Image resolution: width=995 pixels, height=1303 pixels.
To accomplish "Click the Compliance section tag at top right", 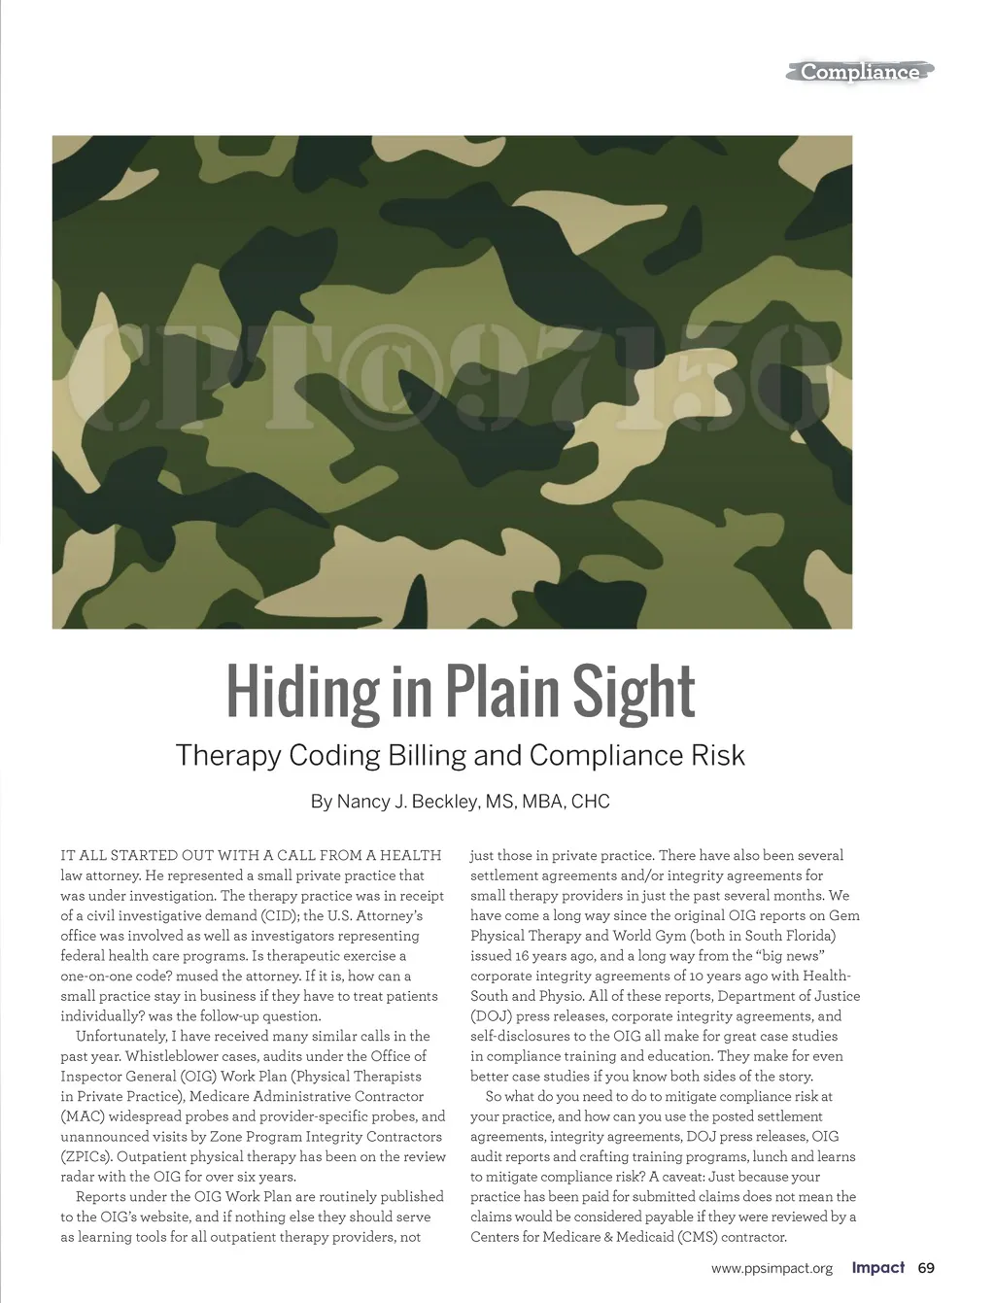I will click(x=860, y=72).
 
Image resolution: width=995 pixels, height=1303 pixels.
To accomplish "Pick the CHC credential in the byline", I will click(x=591, y=802).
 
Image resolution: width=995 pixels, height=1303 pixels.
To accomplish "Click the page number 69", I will click(x=926, y=1268).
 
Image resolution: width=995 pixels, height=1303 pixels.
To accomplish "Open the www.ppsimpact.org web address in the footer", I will click(x=772, y=1268).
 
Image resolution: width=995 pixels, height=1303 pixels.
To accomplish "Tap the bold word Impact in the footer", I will click(x=878, y=1268).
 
